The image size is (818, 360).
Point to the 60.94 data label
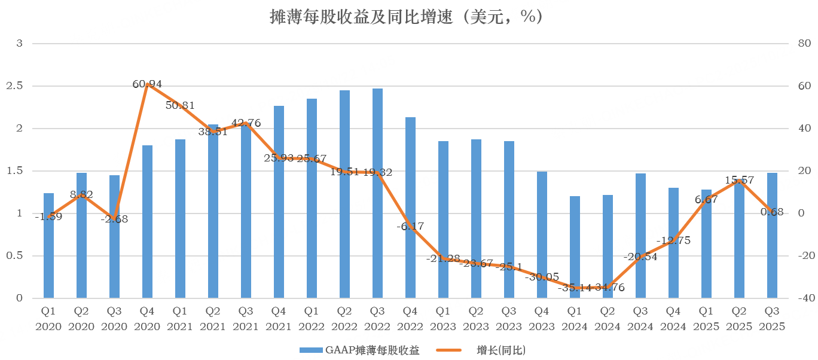point(147,84)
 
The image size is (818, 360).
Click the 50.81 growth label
point(180,106)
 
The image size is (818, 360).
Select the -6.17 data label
point(410,226)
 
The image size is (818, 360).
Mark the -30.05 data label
point(542,277)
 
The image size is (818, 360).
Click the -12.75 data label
point(673,240)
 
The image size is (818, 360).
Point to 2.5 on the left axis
point(16,86)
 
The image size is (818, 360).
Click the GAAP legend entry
point(359,350)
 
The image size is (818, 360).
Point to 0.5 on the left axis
point(16,256)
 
